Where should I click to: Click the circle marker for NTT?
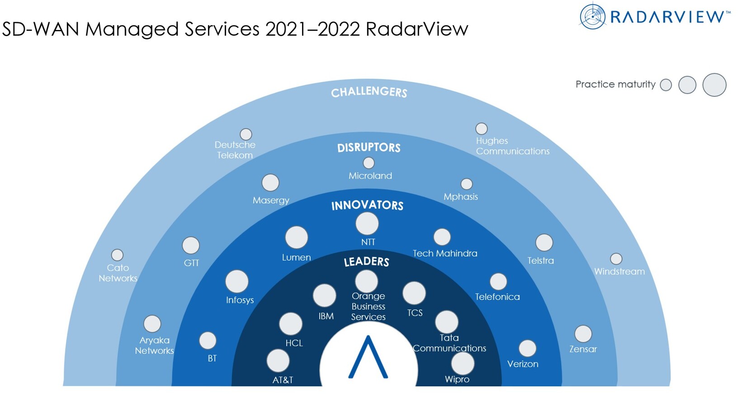tap(367, 224)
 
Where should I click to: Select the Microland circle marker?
tap(369, 163)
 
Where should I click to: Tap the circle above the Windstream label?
tap(616, 259)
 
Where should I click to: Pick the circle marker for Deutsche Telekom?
tap(246, 134)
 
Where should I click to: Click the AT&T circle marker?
tap(278, 361)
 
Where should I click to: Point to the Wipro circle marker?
tap(462, 363)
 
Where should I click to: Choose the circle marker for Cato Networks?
tap(117, 255)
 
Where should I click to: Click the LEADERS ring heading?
tap(366, 262)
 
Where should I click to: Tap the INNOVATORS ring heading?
tap(367, 205)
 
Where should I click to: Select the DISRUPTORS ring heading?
tap(369, 148)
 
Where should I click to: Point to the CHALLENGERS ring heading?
tap(369, 92)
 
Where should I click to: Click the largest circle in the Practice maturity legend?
tap(715, 85)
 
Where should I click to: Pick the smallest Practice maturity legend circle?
tap(666, 85)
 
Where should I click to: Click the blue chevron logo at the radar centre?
tap(368, 357)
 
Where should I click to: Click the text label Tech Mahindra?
tap(445, 253)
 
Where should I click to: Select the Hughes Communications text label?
tap(513, 146)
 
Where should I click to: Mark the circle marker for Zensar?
tap(583, 333)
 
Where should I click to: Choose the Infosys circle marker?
tap(237, 281)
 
